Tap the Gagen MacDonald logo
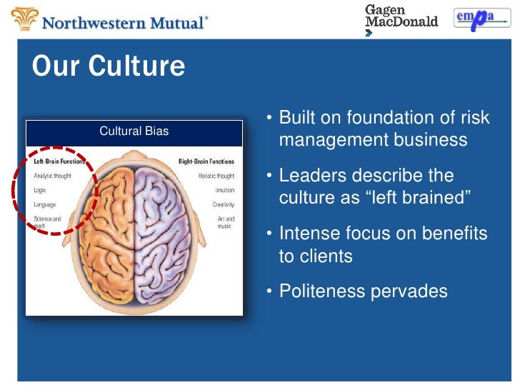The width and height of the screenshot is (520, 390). (401, 17)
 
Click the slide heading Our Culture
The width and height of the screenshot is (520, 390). (109, 66)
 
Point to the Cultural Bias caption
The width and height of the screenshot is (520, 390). (134, 131)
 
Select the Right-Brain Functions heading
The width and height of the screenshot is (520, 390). (206, 161)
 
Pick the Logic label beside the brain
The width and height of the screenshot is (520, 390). (40, 190)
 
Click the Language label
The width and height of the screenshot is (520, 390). (45, 204)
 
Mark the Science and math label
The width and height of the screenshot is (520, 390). (47, 222)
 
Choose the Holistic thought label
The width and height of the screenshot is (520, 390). (216, 176)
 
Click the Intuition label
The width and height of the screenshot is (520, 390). (224, 190)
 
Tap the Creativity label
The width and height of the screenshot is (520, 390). (223, 205)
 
